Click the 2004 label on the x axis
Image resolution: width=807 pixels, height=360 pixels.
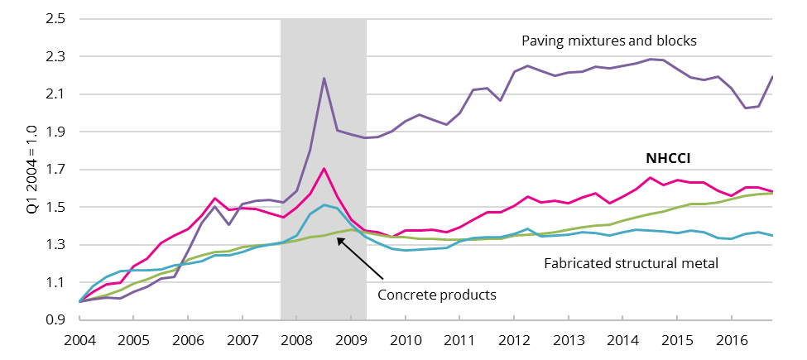pos(79,339)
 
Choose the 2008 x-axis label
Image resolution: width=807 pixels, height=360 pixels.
pos(297,339)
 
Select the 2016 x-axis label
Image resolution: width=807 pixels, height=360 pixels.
pos(731,339)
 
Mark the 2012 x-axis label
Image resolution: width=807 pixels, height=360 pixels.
pos(514,339)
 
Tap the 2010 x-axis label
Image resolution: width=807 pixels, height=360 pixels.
pos(406,339)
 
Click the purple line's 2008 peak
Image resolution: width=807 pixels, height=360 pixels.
pos(324,78)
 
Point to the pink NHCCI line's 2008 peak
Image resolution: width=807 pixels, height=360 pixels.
pos(324,169)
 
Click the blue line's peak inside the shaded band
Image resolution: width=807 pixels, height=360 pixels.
pos(324,204)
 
